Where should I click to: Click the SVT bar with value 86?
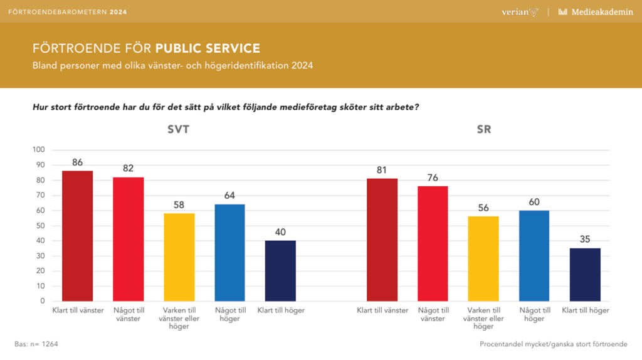point(78,236)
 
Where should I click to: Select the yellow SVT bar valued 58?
point(179,257)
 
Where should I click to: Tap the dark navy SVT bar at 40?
point(280,271)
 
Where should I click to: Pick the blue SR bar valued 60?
point(534,256)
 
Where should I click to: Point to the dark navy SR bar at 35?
point(585,275)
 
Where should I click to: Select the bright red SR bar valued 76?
point(433,243)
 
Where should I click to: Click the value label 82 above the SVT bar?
point(129,168)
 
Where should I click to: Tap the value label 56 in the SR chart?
point(483,208)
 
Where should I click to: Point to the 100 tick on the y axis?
point(38,150)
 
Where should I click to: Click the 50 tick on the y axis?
point(40,226)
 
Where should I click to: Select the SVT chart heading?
point(179,130)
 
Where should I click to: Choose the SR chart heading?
point(483,130)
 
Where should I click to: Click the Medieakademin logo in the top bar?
point(595,12)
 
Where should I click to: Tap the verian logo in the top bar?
point(520,12)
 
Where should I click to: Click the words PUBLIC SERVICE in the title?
point(208,48)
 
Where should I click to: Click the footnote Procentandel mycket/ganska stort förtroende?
point(553,344)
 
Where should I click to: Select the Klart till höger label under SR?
point(585,310)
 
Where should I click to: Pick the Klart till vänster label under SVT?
point(78,310)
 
